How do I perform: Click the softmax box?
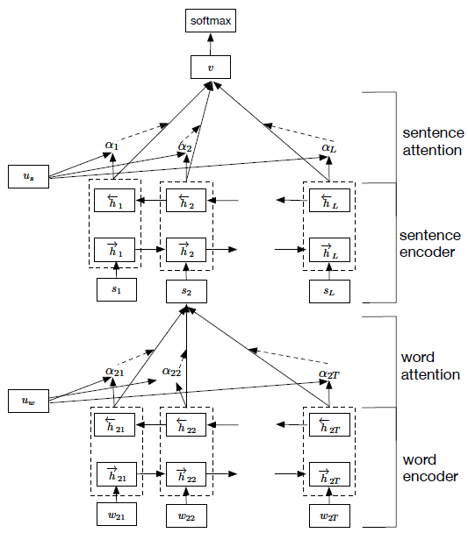click(x=211, y=21)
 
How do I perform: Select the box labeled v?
click(x=211, y=67)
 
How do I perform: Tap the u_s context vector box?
click(x=28, y=176)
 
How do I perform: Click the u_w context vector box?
click(x=28, y=401)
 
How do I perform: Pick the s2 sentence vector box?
click(x=186, y=291)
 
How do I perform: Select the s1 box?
click(x=117, y=289)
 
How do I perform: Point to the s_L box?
click(x=329, y=291)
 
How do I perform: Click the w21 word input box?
click(x=117, y=515)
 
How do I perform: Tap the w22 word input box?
click(x=186, y=515)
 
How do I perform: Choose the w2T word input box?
click(x=329, y=515)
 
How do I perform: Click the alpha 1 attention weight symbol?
click(x=112, y=146)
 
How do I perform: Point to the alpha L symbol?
click(x=328, y=148)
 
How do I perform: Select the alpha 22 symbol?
click(x=171, y=372)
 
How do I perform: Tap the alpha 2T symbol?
click(x=329, y=374)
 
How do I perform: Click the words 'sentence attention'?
click(x=433, y=141)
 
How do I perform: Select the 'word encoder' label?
click(x=430, y=468)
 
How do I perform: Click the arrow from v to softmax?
click(x=211, y=44)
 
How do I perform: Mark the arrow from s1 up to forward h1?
click(x=116, y=270)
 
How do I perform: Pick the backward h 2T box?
click(x=329, y=424)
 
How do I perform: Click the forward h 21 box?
click(x=117, y=474)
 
